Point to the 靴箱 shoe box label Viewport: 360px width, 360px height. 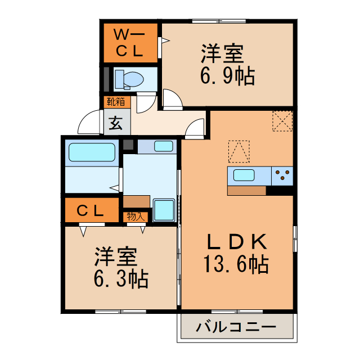[117, 103]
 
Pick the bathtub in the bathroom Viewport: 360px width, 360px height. [92, 152]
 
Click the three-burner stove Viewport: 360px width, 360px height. [283, 175]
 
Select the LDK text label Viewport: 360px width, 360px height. [236, 242]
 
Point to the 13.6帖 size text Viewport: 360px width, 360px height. [236, 263]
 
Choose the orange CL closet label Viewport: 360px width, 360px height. [91, 211]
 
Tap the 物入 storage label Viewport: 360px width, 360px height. [135, 216]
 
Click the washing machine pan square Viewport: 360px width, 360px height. [164, 210]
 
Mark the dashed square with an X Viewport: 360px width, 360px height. [282, 121]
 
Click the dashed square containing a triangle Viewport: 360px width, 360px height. [238, 150]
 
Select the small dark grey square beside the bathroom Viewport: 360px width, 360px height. [129, 145]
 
